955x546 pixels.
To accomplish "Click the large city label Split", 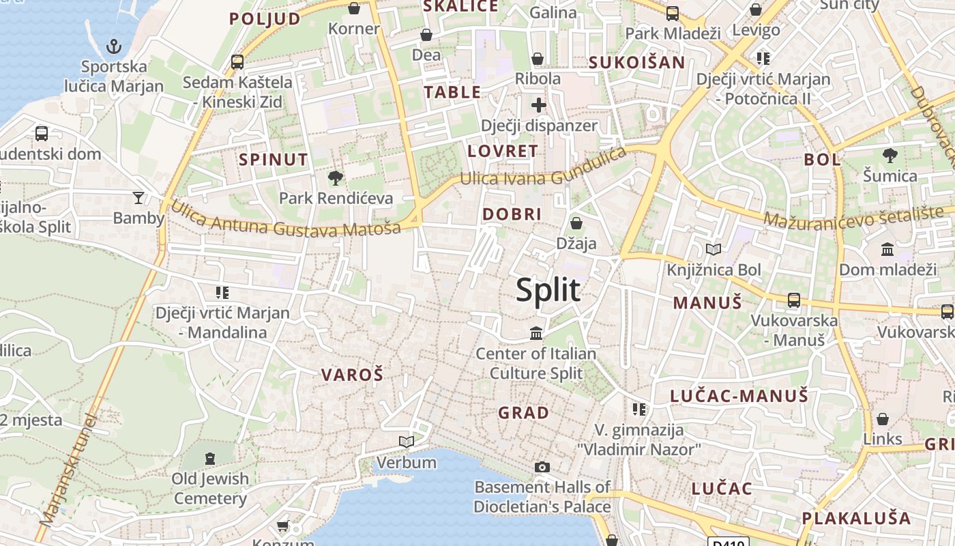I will coord(548,289).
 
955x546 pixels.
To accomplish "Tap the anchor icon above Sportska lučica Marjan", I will coord(114,46).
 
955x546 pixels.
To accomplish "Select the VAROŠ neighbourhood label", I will coord(352,374).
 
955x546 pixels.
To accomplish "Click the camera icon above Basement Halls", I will coord(542,467).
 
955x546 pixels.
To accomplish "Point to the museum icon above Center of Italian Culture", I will coord(536,334).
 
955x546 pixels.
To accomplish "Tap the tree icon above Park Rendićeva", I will coord(335,178).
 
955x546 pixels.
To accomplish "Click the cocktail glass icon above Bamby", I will coord(138,198).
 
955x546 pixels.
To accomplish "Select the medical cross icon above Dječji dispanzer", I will coord(539,105).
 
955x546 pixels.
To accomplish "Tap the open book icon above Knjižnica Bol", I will coord(714,250).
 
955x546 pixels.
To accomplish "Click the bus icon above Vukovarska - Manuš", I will coord(793,300).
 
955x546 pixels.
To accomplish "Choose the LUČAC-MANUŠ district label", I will coord(739,396).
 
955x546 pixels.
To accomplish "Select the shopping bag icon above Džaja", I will coord(576,223).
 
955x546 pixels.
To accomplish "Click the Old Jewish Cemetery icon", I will coord(209,458).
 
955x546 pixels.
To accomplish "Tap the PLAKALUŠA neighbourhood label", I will coord(856,518).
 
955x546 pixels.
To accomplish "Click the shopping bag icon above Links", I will coord(883,418).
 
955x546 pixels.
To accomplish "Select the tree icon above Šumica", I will coord(890,156).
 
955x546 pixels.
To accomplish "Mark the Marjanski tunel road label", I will coord(66,471).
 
